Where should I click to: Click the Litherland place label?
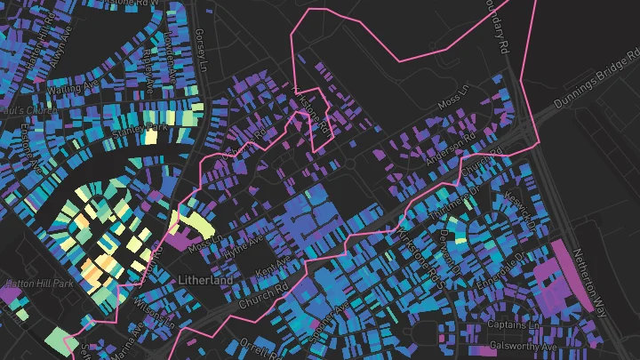pos(204,281)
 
